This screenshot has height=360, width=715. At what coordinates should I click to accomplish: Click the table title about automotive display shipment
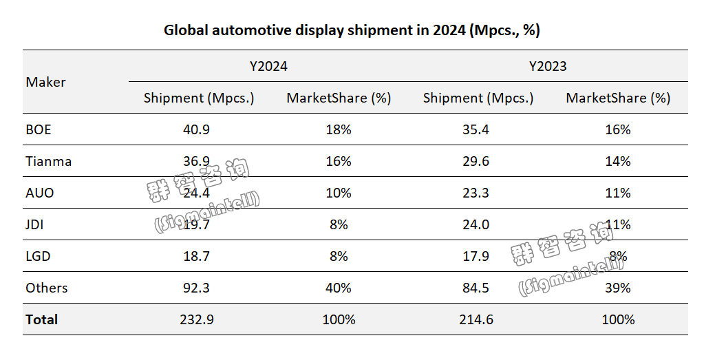tap(352, 30)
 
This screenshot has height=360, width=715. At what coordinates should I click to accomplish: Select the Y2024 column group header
tap(268, 67)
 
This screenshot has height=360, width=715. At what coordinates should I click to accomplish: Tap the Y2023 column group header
tap(548, 67)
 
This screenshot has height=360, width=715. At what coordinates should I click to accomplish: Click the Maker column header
tap(46, 83)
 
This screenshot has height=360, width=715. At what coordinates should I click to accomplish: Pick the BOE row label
tap(39, 129)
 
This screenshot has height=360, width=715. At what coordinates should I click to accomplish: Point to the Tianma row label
tap(49, 161)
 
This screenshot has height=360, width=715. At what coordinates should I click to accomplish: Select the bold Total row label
tap(42, 319)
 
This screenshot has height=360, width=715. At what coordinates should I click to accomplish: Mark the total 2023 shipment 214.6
tap(478, 319)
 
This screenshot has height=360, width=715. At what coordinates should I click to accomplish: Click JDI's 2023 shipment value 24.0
tap(478, 224)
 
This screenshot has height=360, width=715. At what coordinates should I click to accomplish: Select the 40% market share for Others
tap(339, 288)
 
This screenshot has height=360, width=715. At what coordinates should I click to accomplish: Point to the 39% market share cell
tap(618, 288)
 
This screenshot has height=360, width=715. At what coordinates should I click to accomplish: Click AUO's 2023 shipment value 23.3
tap(478, 193)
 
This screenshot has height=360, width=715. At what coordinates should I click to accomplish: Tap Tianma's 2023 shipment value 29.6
tap(478, 161)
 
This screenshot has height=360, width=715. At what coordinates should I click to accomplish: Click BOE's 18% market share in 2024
tap(339, 129)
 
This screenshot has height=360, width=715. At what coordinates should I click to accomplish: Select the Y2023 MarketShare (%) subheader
tap(618, 98)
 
